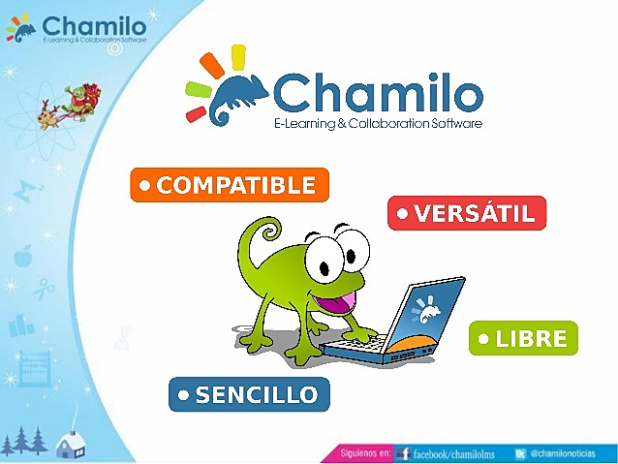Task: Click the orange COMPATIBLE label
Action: [x=230, y=185]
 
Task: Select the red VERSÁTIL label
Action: [x=467, y=213]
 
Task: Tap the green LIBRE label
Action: [x=523, y=339]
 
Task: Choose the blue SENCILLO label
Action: [x=249, y=394]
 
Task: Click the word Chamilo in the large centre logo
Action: [x=377, y=94]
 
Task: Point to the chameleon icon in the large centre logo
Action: [x=232, y=91]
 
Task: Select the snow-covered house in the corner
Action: [x=70, y=445]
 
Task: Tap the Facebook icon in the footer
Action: [x=403, y=452]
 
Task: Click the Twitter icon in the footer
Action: [x=520, y=452]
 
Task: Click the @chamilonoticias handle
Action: [x=570, y=452]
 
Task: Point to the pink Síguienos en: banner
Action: [x=364, y=452]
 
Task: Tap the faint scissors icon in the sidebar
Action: [x=45, y=288]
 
